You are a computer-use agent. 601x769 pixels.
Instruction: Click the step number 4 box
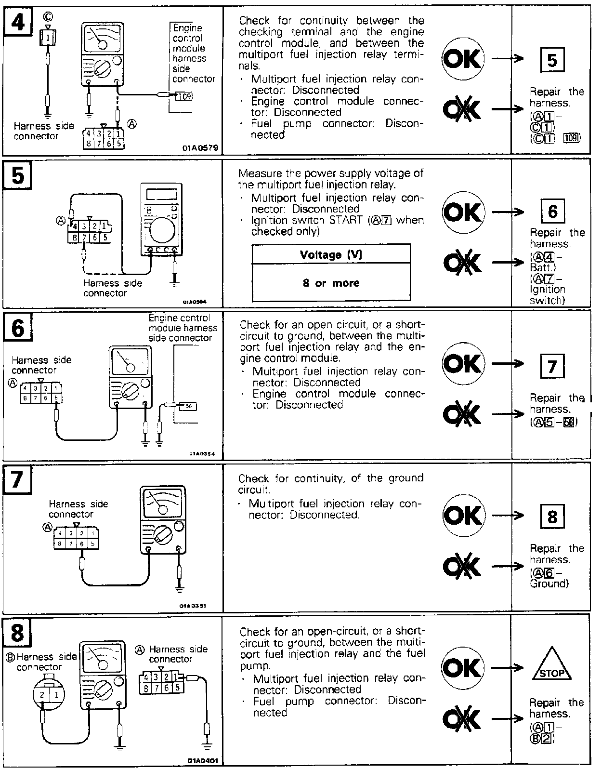18,21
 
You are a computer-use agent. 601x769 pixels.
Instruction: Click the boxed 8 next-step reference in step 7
552,517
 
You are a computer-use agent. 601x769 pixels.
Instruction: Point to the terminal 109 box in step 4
183,96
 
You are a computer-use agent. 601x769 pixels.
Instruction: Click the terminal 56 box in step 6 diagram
188,406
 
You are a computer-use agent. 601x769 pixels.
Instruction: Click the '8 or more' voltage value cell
331,283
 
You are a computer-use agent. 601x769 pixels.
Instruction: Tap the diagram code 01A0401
202,760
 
